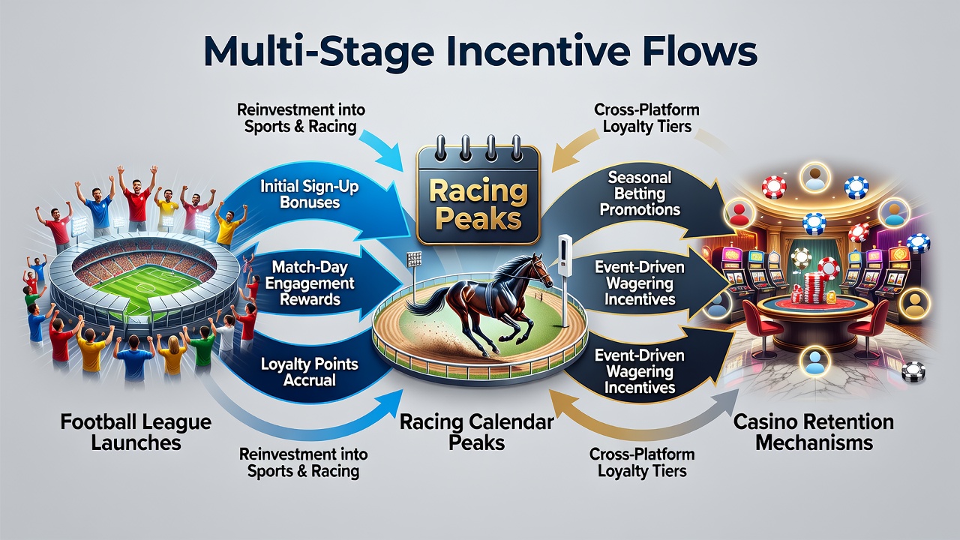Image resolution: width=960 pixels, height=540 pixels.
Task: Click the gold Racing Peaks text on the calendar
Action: pyautogui.click(x=478, y=205)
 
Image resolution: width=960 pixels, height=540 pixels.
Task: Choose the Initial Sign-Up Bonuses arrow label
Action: pyautogui.click(x=310, y=194)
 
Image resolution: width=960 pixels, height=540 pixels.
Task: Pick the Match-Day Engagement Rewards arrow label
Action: pyautogui.click(x=310, y=283)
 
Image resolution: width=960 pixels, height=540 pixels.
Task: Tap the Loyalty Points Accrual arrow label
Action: pyautogui.click(x=310, y=371)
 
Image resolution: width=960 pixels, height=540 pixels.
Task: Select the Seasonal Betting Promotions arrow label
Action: pyautogui.click(x=640, y=193)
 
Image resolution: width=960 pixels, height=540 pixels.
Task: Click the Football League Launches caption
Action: pyautogui.click(x=136, y=432)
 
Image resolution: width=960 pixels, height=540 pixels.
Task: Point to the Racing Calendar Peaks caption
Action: pyautogui.click(x=476, y=432)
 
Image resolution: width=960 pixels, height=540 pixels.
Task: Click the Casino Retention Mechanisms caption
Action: pyautogui.click(x=814, y=432)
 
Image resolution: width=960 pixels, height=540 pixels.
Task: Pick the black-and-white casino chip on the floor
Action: pyautogui.click(x=913, y=372)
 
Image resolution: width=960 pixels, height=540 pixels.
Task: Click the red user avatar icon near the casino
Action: pyautogui.click(x=739, y=214)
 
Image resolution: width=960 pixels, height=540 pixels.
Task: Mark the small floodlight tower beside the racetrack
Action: pyautogui.click(x=415, y=274)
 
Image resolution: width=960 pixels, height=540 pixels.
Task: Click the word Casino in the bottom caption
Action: pyautogui.click(x=763, y=421)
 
